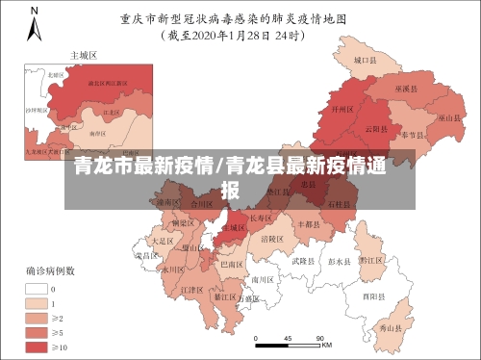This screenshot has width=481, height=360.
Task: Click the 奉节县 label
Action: (x=415, y=134)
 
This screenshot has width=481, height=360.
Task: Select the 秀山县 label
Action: (x=389, y=328)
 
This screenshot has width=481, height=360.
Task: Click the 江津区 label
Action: (x=192, y=289)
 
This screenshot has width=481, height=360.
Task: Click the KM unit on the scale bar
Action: (x=327, y=345)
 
